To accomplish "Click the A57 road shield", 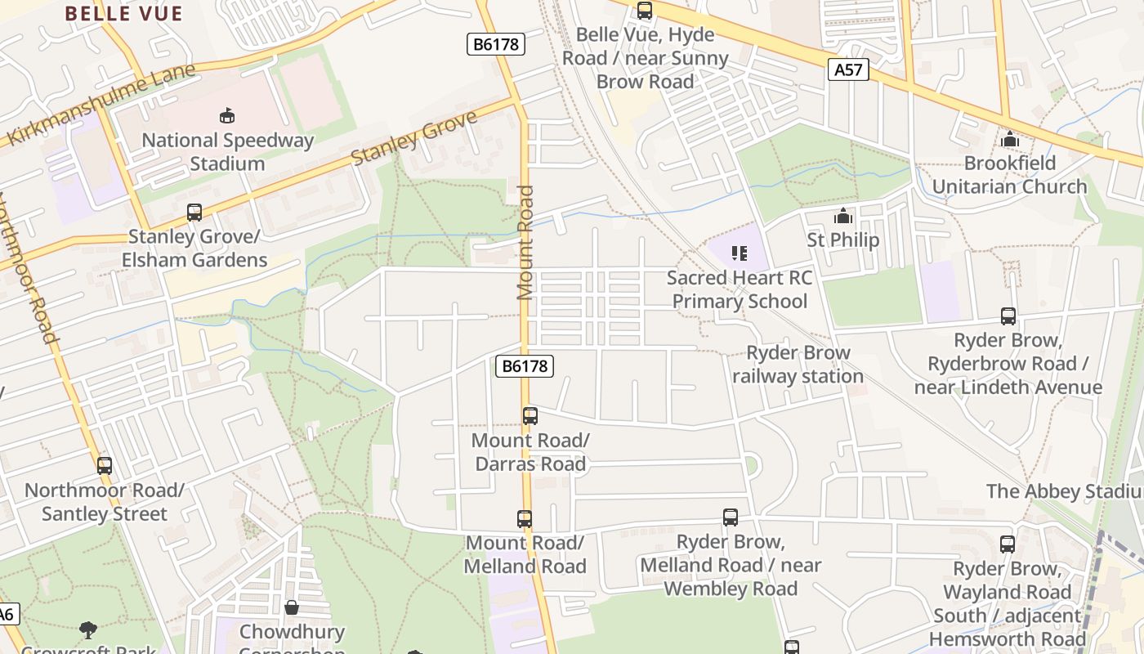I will point(847,69).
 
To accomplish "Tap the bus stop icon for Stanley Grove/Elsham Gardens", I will point(194,213).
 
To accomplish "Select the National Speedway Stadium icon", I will point(227,116).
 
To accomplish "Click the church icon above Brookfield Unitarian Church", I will point(1010,139).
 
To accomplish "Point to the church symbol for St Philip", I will point(842,217).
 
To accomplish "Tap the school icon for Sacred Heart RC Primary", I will point(740,253).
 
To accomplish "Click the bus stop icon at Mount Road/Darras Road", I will point(530,416).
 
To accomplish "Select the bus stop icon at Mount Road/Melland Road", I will point(525,519).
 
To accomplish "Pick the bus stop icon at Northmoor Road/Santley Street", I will point(105,466).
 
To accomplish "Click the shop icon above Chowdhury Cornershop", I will point(292,607).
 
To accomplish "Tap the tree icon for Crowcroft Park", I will point(88,630).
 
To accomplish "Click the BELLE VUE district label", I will point(123,13).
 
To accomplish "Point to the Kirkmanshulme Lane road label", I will point(102,104).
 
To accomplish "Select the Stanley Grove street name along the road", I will point(414,138).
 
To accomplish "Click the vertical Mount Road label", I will point(525,243).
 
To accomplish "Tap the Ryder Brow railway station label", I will point(798,365).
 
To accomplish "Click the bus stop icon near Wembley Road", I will point(731,517).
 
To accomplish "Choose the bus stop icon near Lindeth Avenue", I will point(1008,316).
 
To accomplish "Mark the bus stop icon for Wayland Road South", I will point(1008,544).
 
